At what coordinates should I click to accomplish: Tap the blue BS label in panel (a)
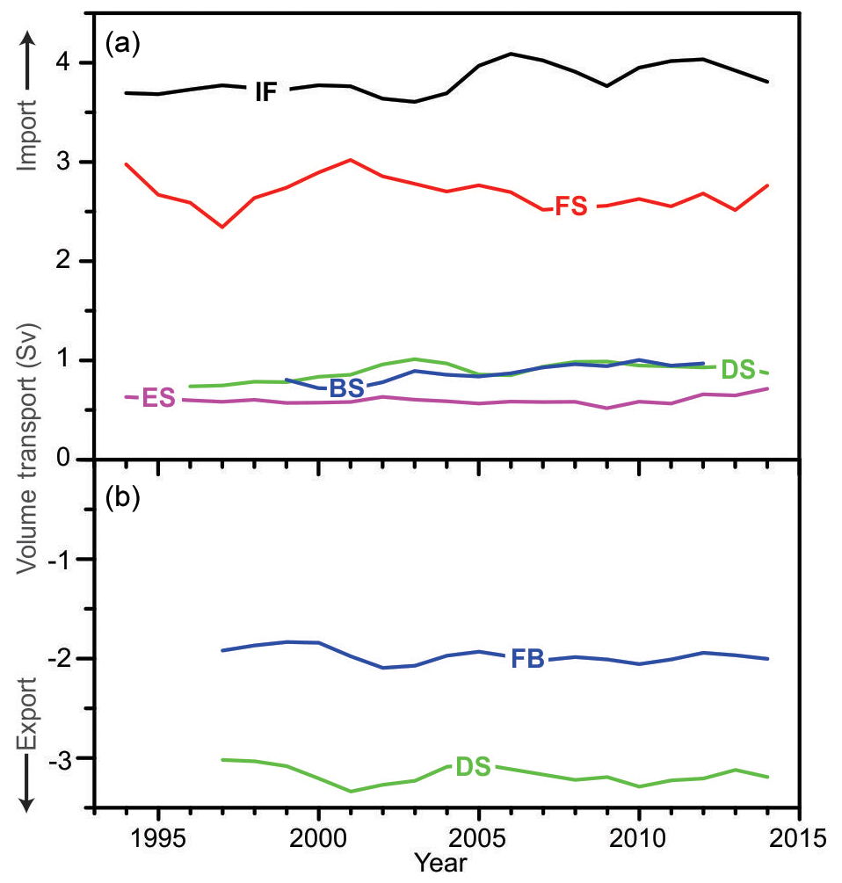click(x=346, y=387)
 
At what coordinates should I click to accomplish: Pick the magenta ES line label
click(x=158, y=399)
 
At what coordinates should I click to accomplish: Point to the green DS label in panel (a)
click(x=738, y=370)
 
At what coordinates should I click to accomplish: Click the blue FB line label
click(x=527, y=659)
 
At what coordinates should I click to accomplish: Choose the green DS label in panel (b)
click(x=473, y=766)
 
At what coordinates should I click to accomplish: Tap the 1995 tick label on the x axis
click(x=158, y=834)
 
